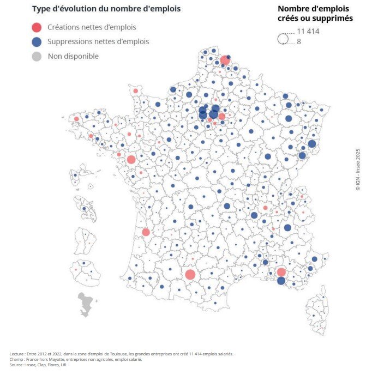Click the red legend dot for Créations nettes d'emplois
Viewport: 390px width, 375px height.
[37, 27]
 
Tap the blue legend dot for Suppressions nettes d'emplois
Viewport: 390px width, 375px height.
[37, 41]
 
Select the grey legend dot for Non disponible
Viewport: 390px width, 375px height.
[37, 56]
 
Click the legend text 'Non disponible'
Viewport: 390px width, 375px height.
[73, 56]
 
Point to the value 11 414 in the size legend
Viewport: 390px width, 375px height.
[308, 31]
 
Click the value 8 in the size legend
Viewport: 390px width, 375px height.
[299, 41]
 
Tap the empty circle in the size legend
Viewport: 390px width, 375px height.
[283, 39]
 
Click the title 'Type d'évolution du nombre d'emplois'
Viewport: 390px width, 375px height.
[106, 9]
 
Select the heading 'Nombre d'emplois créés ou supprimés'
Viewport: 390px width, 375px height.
[315, 13]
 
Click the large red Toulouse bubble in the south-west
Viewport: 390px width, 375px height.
[190, 274]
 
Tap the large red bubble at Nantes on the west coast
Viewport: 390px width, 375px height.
[131, 159]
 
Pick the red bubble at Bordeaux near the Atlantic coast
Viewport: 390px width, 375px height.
[146, 232]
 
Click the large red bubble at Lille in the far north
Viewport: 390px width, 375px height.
[225, 60]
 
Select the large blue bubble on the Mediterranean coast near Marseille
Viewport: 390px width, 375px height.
[281, 281]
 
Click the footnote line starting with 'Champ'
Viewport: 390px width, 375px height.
[76, 359]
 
